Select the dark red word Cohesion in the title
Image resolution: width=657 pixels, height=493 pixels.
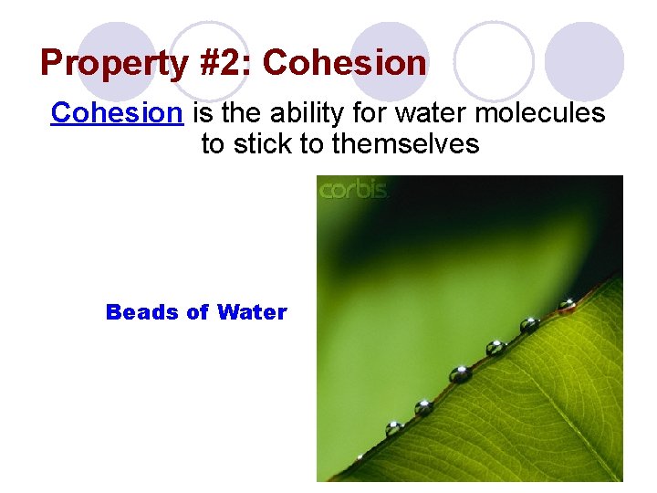point(344,64)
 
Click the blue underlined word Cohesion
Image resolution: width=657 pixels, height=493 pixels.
point(118,113)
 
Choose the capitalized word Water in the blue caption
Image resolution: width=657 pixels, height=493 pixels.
point(252,312)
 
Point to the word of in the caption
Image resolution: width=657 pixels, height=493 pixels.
point(196,312)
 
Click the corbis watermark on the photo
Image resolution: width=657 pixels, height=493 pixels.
point(353,190)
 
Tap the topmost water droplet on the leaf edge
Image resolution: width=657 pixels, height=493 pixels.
point(567,305)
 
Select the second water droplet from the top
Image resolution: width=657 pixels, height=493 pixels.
point(529,324)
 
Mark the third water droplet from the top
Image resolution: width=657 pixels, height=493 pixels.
point(496,348)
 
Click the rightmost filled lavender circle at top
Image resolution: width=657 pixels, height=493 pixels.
point(584,60)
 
